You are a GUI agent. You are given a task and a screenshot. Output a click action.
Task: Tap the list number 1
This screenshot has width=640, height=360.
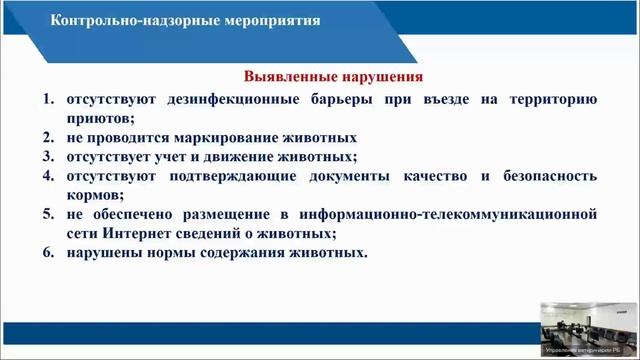pyautogui.click(x=48, y=99)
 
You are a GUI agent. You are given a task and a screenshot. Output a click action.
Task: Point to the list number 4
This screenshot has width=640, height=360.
pyautogui.click(x=48, y=176)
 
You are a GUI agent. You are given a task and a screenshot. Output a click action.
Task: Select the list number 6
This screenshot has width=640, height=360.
pyautogui.click(x=48, y=253)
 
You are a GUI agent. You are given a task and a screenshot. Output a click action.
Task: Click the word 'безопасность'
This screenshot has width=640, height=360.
pyautogui.click(x=546, y=176)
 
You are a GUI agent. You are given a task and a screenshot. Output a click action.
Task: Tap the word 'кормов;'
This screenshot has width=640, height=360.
pyautogui.click(x=95, y=195)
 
